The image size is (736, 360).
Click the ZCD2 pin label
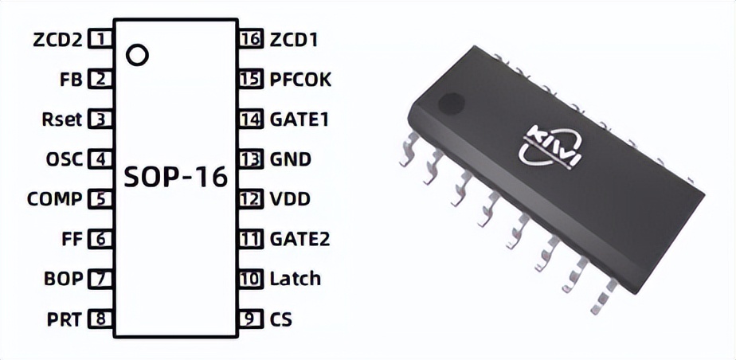click(x=57, y=39)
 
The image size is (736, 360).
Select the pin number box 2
click(x=100, y=79)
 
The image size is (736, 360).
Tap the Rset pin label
click(x=62, y=119)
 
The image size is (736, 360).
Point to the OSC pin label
click(x=64, y=159)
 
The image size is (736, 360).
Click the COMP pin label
click(x=54, y=199)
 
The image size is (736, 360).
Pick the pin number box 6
click(x=100, y=239)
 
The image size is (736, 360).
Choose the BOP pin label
click(x=64, y=280)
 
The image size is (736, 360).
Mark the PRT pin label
click(x=65, y=319)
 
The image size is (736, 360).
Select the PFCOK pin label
click(x=300, y=79)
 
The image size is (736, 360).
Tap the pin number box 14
click(x=251, y=119)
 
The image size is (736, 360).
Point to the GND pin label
click(x=291, y=159)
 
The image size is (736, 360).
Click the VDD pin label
click(x=290, y=199)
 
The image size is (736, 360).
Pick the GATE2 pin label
click(x=299, y=239)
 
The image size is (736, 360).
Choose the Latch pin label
click(x=295, y=279)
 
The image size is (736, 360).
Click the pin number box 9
click(x=251, y=319)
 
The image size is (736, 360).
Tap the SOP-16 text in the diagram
click(x=175, y=177)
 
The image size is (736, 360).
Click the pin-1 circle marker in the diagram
click(x=138, y=55)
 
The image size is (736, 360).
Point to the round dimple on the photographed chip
click(x=452, y=102)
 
